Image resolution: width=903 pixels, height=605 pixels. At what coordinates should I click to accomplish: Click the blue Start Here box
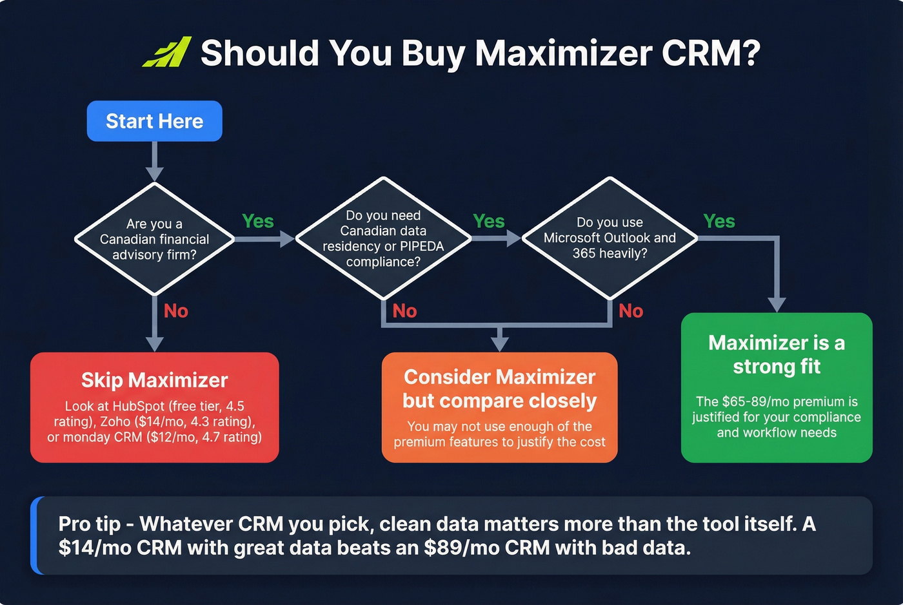[x=154, y=121]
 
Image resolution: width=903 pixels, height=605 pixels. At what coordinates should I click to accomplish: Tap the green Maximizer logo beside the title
[x=167, y=52]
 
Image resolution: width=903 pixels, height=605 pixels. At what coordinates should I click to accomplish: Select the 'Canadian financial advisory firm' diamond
[x=154, y=239]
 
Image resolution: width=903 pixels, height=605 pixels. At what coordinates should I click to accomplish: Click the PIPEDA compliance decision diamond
[x=383, y=238]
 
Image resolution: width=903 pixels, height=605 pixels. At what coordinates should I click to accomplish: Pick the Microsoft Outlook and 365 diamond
[x=610, y=238]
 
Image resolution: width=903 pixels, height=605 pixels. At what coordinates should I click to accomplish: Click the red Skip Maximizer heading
[x=154, y=380]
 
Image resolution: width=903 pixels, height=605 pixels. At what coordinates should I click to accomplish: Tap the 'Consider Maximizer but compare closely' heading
[x=499, y=389]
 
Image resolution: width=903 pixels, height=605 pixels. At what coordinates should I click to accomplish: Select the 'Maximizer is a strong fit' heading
[x=777, y=354]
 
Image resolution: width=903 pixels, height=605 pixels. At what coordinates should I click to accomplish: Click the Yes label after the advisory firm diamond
[x=257, y=222]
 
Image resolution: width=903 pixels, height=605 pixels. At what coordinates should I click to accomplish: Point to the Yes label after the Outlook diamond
[x=719, y=222]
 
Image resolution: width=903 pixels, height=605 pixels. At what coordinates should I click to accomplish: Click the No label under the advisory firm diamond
[x=175, y=311]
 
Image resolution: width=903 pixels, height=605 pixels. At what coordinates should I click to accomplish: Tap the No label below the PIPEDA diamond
[x=404, y=311]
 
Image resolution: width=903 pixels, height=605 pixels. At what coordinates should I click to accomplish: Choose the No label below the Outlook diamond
[x=631, y=311]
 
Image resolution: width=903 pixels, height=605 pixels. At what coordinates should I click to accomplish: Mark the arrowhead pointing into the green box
[x=777, y=304]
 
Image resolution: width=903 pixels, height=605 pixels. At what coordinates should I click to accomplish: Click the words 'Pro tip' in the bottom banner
[x=89, y=524]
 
